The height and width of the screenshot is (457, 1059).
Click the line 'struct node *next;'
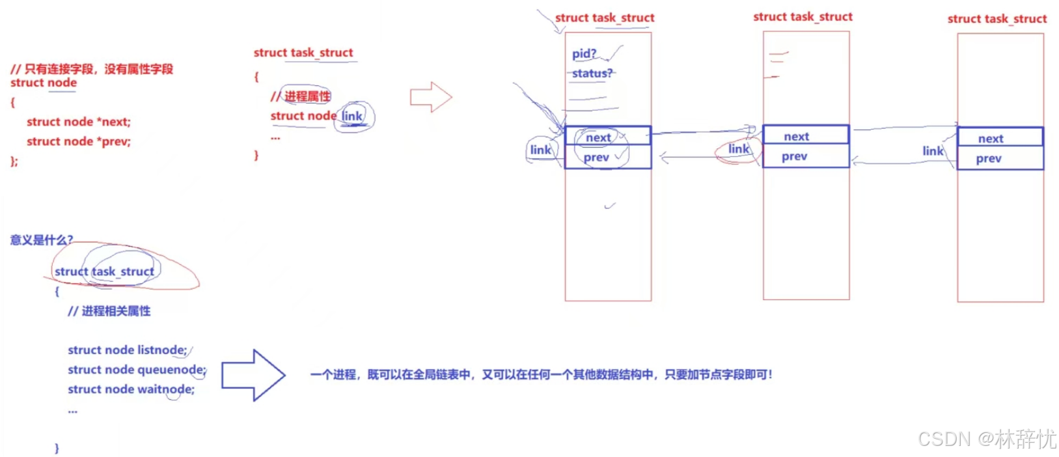coord(78,122)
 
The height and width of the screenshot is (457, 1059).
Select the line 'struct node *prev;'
coord(78,141)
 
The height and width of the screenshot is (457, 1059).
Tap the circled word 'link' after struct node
coord(352,116)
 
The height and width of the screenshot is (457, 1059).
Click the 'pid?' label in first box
coord(584,53)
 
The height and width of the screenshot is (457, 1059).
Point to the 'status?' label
coord(592,73)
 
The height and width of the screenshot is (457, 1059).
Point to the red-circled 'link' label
coord(738,149)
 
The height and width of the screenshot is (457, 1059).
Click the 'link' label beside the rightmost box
coord(932,151)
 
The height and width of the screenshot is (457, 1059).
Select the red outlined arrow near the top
coord(430,98)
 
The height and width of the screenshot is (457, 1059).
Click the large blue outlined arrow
coord(253,375)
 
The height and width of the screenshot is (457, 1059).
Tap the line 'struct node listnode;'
coord(127,350)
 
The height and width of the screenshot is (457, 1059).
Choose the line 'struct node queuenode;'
coord(137,370)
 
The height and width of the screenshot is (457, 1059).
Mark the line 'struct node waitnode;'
coord(131,389)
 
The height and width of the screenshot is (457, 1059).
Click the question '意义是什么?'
coord(42,240)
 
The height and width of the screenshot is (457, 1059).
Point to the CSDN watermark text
coord(987,439)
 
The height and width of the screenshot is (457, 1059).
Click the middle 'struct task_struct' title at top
coord(803,17)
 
